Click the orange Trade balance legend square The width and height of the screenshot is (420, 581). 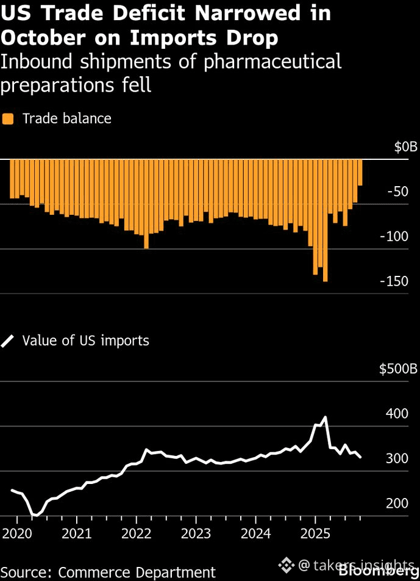click(x=8, y=118)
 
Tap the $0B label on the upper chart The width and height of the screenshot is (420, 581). click(x=405, y=147)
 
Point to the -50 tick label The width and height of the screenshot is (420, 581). click(x=401, y=192)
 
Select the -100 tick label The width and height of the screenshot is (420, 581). click(x=397, y=236)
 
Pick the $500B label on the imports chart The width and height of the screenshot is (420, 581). click(x=398, y=369)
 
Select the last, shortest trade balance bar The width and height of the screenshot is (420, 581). click(x=360, y=172)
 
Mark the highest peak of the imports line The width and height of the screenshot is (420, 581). click(x=325, y=417)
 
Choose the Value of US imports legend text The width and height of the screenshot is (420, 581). click(x=85, y=341)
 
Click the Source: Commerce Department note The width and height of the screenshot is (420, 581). click(x=108, y=572)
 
